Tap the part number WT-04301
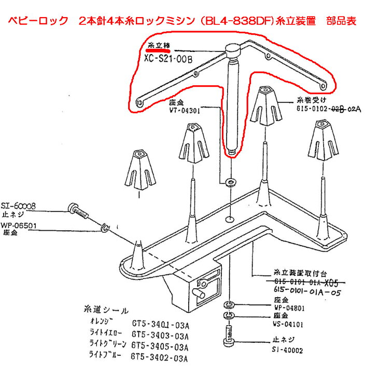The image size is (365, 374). coord(185,110)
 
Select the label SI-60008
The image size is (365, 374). coord(18,206)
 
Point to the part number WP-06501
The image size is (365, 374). coord(19,225)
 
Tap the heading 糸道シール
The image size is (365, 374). coord(106,310)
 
